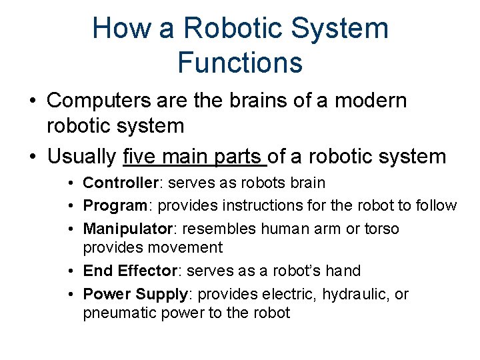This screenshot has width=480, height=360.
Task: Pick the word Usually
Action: (x=82, y=157)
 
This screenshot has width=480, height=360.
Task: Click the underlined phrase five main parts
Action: (x=195, y=157)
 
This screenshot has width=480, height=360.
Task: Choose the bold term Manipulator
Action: (x=126, y=229)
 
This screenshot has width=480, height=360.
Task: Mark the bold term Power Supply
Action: (x=135, y=294)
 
